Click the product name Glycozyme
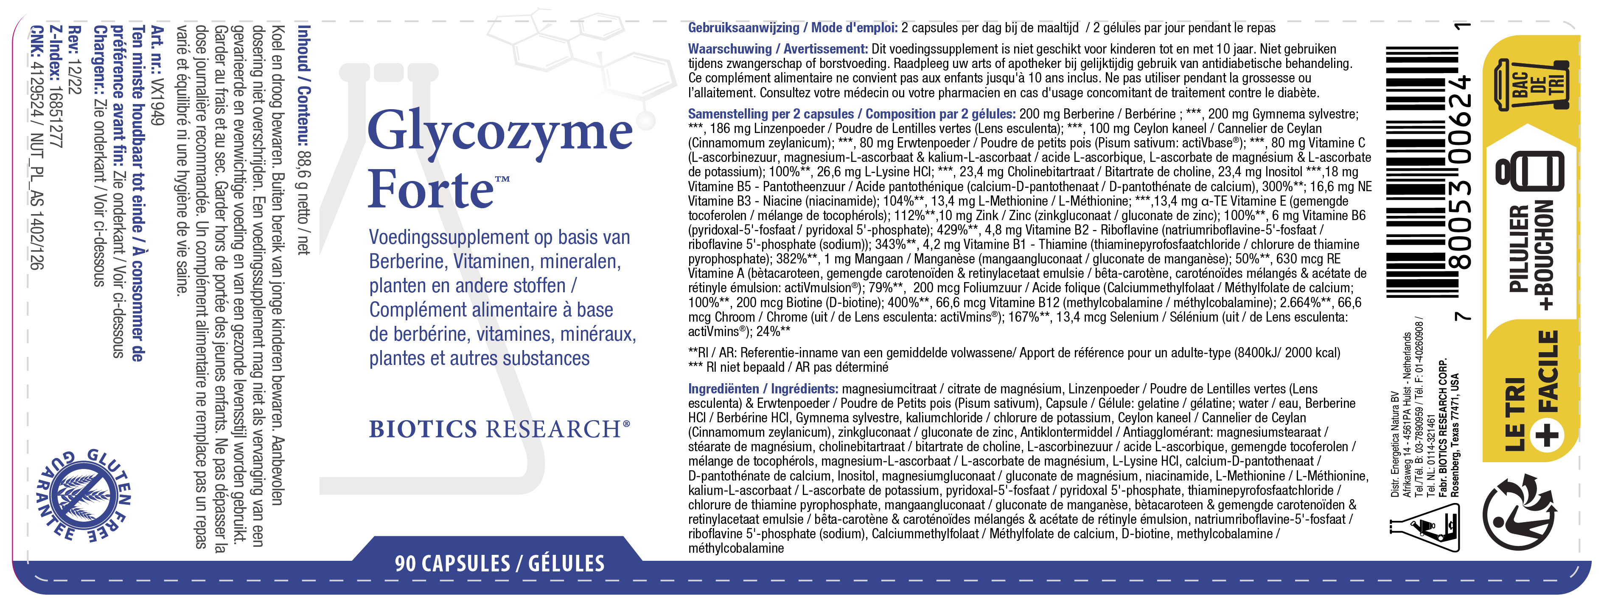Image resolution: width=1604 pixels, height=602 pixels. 500,132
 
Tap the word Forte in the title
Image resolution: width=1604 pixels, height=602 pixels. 430,189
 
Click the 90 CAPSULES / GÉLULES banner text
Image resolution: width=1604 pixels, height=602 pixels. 499,563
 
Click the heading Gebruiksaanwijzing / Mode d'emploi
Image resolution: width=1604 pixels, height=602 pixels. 792,28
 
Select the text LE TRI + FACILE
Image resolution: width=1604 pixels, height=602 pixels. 1532,393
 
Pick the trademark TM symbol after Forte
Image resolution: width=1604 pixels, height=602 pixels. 502,179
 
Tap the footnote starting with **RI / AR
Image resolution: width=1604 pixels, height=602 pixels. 1014,353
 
